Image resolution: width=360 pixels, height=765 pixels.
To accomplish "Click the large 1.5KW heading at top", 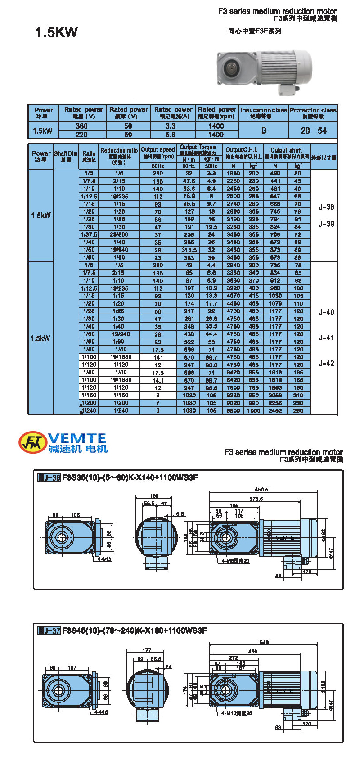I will click(56, 32).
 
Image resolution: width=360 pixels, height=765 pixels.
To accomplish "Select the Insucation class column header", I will click(263, 112).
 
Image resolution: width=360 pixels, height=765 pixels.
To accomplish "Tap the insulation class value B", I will click(264, 130).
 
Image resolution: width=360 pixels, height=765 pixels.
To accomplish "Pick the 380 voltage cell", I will click(81, 126).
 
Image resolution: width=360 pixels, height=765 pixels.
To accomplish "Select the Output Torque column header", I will click(198, 150).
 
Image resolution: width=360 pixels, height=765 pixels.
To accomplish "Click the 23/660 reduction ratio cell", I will click(119, 234).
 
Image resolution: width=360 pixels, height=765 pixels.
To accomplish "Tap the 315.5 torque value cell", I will click(189, 250).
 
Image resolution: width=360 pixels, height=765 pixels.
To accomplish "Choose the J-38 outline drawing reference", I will click(326, 207).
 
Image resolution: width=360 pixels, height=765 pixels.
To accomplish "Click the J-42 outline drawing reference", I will click(326, 363).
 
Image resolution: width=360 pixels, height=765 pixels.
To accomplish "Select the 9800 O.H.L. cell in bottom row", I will click(233, 410).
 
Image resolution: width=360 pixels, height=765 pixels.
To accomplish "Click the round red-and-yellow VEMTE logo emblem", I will click(32, 442).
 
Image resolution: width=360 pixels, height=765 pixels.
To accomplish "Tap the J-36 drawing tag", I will click(49, 477).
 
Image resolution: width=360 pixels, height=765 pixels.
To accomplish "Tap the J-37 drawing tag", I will click(49, 630).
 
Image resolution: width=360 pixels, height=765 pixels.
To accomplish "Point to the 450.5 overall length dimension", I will click(261, 489).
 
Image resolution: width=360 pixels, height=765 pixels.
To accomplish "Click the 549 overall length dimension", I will click(264, 642).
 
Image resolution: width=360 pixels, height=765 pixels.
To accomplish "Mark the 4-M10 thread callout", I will click(237, 713).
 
